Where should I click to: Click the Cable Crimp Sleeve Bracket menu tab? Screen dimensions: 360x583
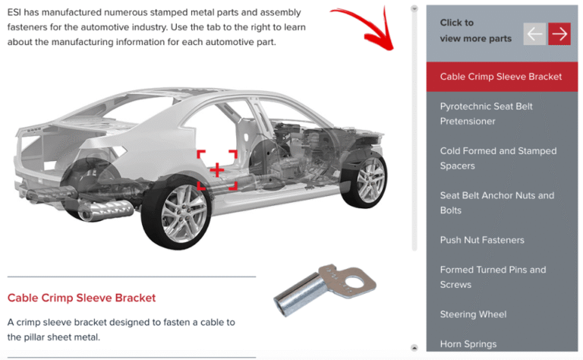click(501, 77)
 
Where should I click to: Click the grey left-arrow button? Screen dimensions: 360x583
click(534, 33)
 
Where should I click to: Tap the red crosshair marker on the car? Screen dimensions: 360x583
click(217, 169)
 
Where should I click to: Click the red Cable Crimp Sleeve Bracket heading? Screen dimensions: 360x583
click(81, 298)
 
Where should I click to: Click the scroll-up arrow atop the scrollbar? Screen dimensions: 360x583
click(414, 9)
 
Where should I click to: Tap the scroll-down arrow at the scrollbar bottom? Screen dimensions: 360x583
click(414, 347)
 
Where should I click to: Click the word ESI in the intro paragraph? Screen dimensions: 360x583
click(16, 13)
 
